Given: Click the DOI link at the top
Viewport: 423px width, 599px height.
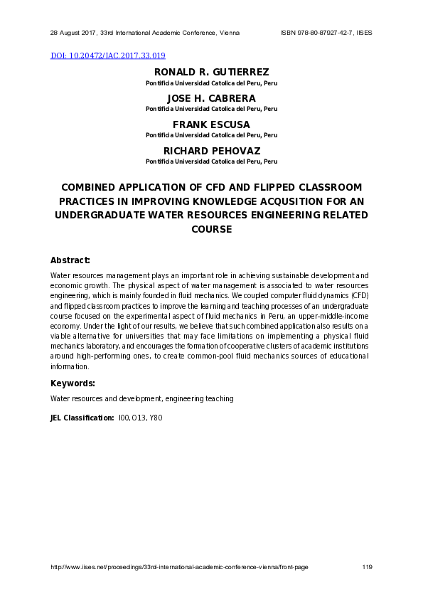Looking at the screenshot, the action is coord(108,55).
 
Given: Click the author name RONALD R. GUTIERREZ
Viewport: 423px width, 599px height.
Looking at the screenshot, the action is coord(211,72).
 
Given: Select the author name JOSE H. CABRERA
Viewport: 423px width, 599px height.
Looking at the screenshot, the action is coord(211,98).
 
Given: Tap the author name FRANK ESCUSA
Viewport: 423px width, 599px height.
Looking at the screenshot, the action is coord(211,124).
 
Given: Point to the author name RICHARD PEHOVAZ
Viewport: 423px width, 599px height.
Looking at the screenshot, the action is coord(211,151).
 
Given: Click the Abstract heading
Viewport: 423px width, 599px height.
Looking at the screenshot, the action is coord(70,260).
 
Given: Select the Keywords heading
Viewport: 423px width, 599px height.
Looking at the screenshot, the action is coord(73,383).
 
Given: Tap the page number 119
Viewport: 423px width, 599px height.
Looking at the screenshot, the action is coord(367,567).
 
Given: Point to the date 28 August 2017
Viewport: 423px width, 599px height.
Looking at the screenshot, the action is coord(73,33).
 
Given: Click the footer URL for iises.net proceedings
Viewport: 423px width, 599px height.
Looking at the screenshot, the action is coord(179,567).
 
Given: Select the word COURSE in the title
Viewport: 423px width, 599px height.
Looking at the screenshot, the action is coord(211,230).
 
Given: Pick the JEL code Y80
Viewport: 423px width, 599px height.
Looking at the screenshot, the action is coord(156,418).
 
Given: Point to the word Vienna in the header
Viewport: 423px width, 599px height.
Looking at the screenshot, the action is coord(227,33).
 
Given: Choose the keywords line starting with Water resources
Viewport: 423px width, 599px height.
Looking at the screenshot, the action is coord(141,398).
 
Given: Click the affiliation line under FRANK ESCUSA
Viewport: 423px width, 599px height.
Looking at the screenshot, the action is coord(211,135).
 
